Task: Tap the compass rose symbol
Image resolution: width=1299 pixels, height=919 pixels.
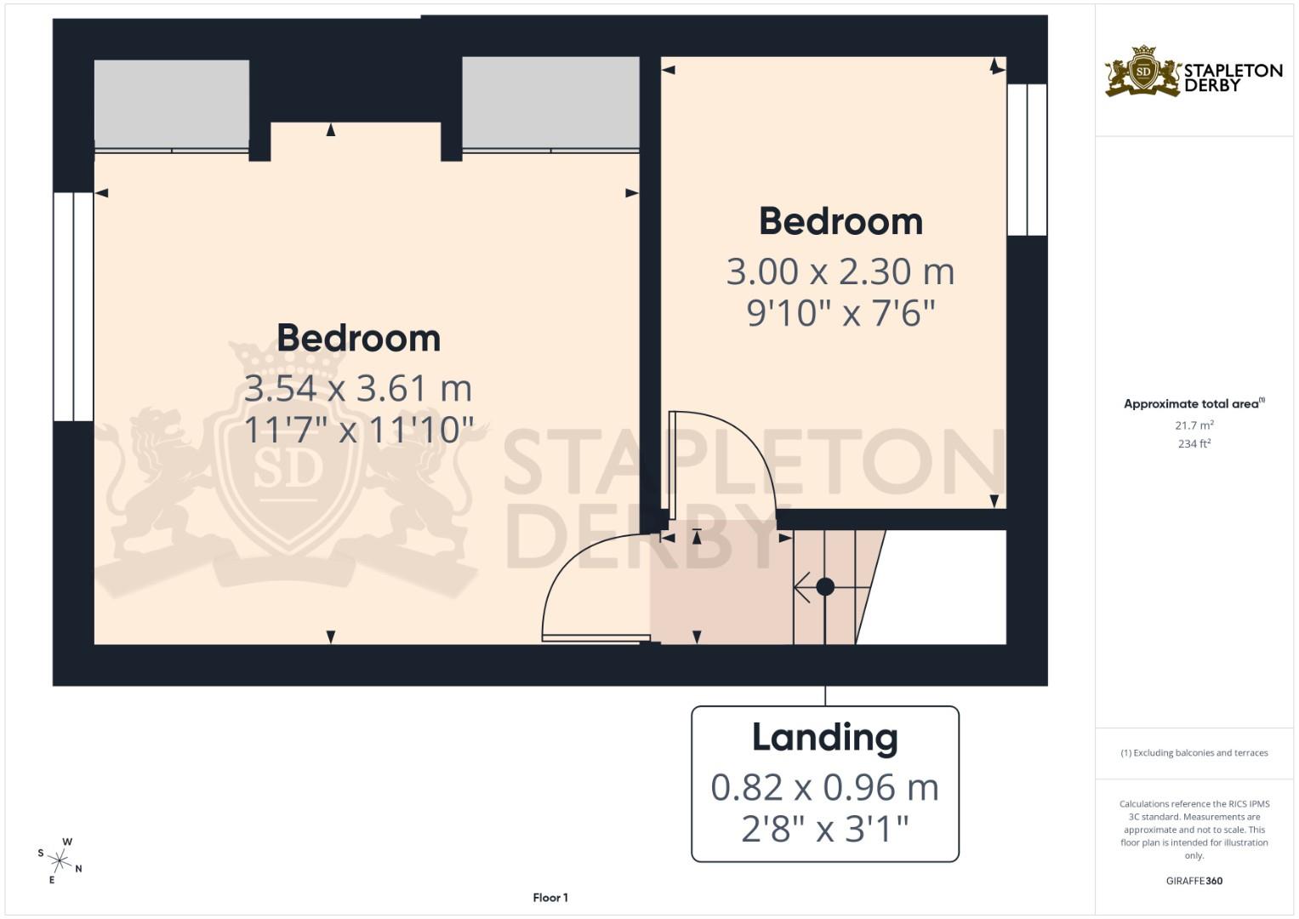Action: tap(60, 860)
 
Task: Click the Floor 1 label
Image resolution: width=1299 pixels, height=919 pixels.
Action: tap(550, 898)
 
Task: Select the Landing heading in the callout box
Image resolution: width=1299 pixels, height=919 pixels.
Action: tap(824, 738)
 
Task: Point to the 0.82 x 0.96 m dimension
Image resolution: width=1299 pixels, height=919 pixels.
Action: tap(824, 788)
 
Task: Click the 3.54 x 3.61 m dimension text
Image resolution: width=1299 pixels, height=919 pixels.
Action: tap(357, 389)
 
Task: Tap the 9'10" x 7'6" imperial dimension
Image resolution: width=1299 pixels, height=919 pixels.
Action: tap(840, 314)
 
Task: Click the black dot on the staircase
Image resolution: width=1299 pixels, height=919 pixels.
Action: tap(824, 586)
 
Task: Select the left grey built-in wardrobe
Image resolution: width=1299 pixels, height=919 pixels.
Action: tap(172, 104)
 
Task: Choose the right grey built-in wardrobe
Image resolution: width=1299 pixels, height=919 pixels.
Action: tap(550, 102)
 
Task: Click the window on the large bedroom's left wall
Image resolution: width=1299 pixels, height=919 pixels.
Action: tap(73, 306)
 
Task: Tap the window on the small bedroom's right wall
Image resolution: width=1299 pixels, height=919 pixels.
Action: tap(1027, 159)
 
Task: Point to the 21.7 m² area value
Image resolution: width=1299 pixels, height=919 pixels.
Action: tap(1194, 425)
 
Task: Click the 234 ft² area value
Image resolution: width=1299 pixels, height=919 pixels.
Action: tap(1194, 443)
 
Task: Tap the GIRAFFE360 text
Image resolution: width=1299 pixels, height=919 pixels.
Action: tap(1194, 881)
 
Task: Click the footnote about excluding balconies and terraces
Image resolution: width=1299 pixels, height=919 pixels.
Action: tap(1194, 753)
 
